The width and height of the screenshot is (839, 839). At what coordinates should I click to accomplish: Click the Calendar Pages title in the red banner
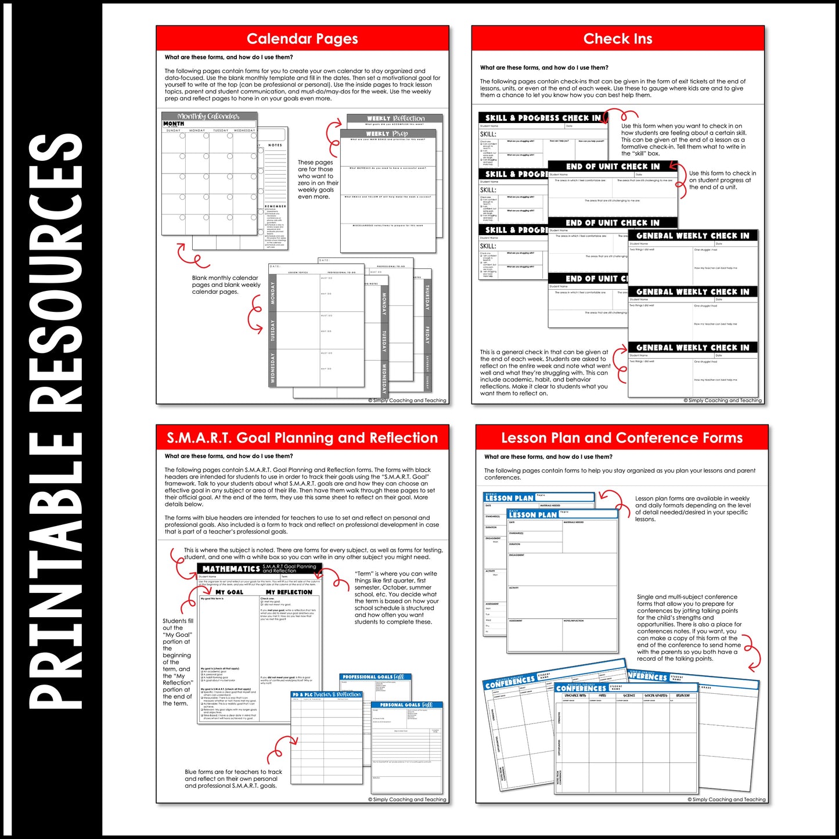pos(302,39)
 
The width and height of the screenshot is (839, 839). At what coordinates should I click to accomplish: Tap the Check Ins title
pos(618,39)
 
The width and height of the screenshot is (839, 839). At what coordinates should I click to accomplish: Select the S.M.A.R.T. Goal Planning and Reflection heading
pos(302,438)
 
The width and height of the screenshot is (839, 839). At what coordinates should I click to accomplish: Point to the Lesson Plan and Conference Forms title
pos(622,438)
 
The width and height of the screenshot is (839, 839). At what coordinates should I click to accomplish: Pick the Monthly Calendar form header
pos(208,116)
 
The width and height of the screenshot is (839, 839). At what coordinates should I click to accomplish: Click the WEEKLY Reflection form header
pos(395,118)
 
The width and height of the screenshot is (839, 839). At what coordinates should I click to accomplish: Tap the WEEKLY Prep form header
pos(387,134)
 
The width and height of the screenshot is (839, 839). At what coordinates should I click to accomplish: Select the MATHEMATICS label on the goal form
pos(231,569)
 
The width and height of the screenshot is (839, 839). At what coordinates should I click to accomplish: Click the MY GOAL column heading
pos(229,592)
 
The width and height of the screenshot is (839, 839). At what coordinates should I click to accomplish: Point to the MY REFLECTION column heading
pos(289,592)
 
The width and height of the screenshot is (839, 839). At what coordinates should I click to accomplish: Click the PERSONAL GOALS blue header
pos(406,705)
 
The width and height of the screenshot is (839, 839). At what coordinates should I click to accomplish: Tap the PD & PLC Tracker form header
pos(326,694)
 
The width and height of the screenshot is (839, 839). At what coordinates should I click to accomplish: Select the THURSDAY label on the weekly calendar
pos(427,297)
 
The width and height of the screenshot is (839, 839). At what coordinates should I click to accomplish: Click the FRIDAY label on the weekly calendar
pos(427,336)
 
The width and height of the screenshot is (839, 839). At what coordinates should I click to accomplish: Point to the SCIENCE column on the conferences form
pos(629,696)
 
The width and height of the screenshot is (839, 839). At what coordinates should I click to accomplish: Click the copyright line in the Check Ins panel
pos(722,401)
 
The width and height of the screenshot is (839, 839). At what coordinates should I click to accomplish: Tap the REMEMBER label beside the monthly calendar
pos(275,206)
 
